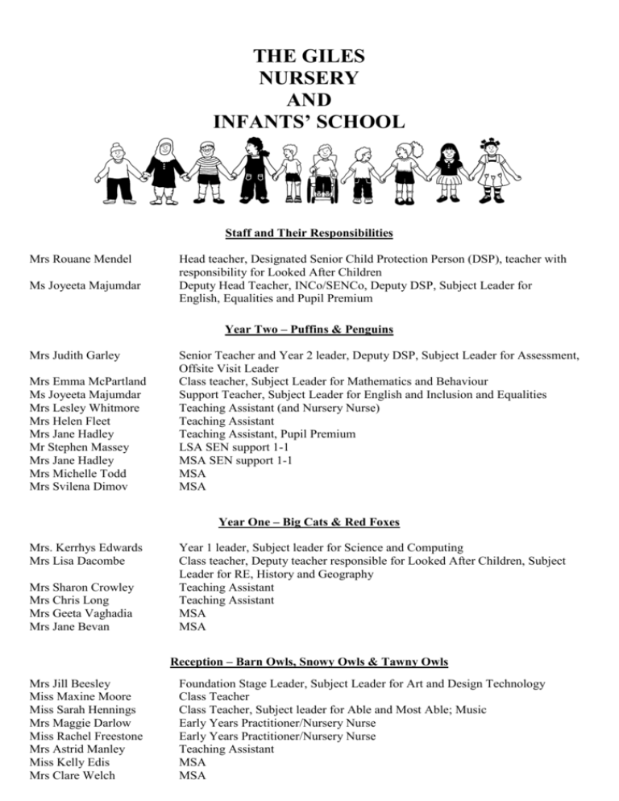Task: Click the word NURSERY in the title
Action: click(309, 79)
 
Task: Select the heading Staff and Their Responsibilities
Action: click(309, 234)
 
